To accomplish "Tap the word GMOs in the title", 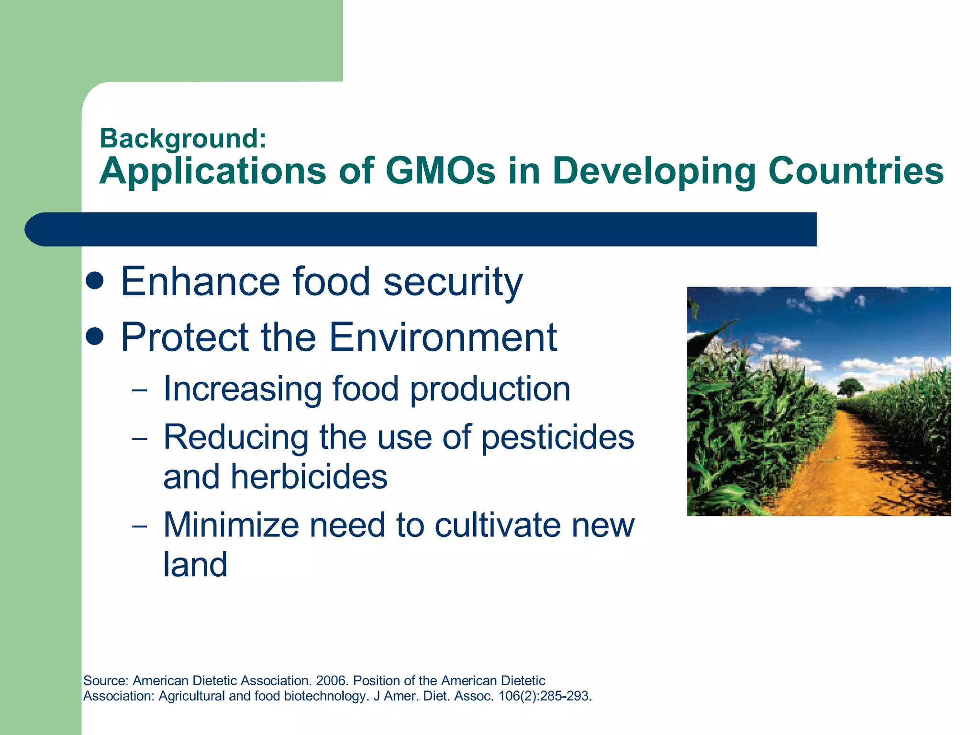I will point(440,171).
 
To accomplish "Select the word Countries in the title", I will point(856,171).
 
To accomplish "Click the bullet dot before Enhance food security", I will point(95,281).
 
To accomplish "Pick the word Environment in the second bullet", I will point(443,337).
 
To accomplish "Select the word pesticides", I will point(557,437).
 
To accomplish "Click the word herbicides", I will point(309,477).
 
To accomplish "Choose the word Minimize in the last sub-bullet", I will point(231,525).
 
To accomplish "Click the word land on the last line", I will point(195,565).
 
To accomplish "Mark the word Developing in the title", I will point(654,171).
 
